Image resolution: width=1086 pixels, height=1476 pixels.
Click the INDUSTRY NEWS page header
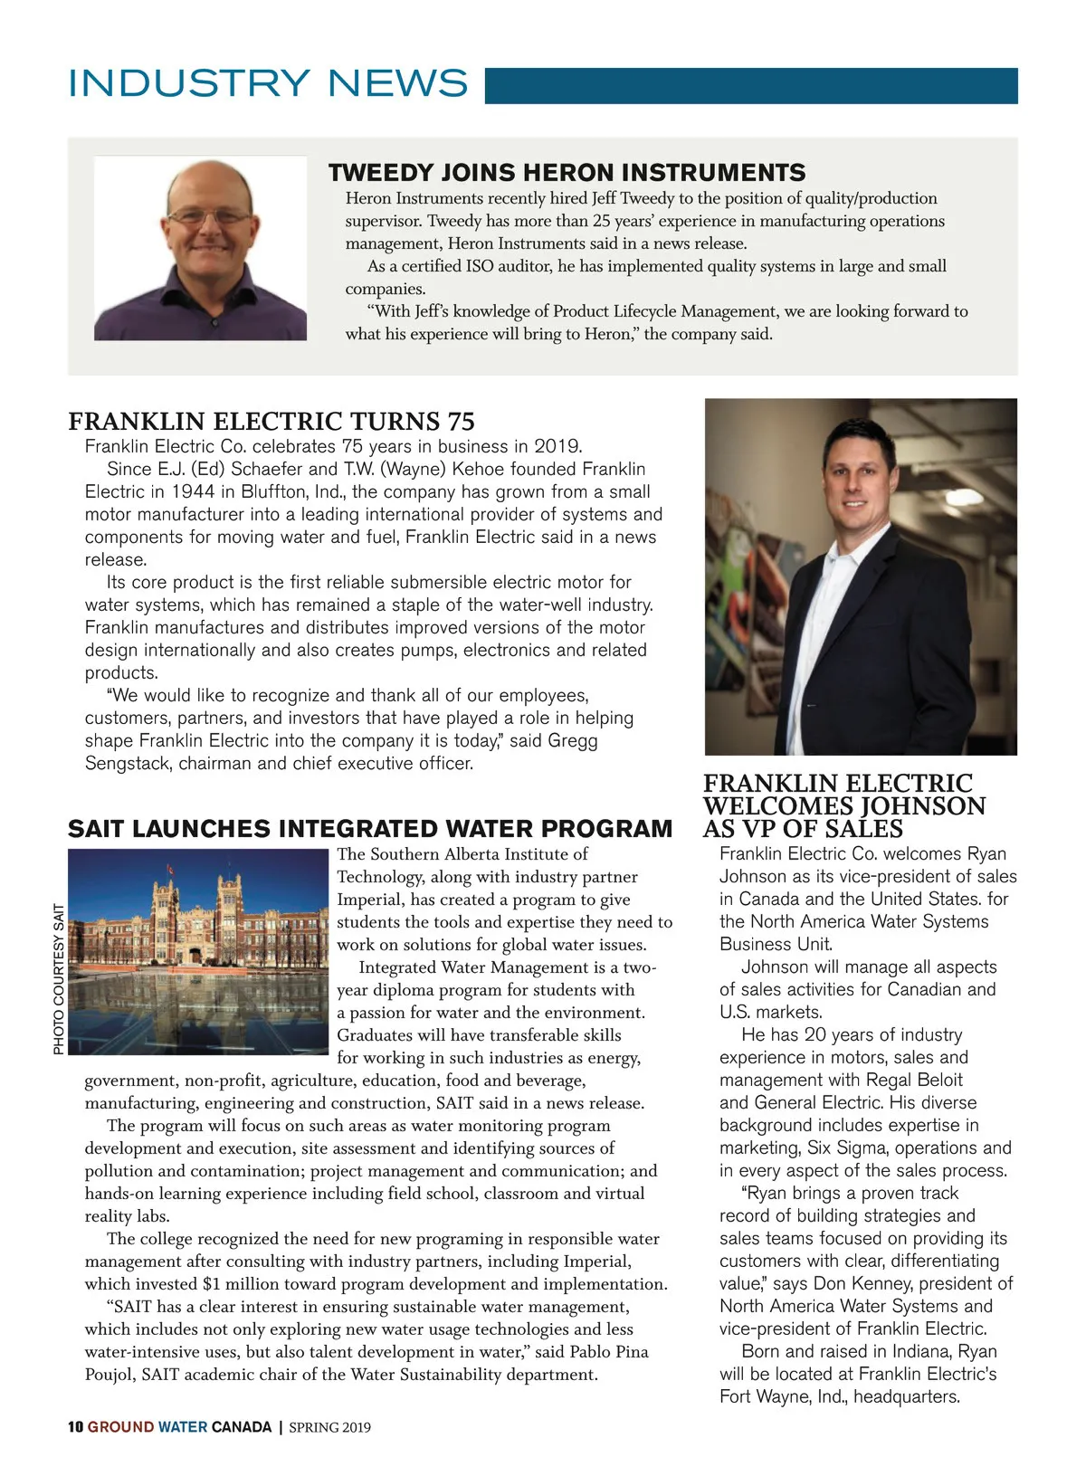tap(268, 83)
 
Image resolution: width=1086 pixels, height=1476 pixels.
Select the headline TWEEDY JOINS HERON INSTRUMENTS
tap(567, 172)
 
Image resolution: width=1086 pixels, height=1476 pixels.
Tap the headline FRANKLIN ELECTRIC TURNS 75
tap(271, 422)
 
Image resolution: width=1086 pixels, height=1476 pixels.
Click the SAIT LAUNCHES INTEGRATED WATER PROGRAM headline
tap(370, 829)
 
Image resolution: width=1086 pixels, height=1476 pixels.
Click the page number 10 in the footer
tap(75, 1427)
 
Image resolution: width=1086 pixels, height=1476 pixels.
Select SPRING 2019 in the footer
tap(329, 1427)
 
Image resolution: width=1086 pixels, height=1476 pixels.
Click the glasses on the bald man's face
tap(210, 217)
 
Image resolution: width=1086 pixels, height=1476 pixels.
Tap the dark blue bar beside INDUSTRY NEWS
tap(751, 86)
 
